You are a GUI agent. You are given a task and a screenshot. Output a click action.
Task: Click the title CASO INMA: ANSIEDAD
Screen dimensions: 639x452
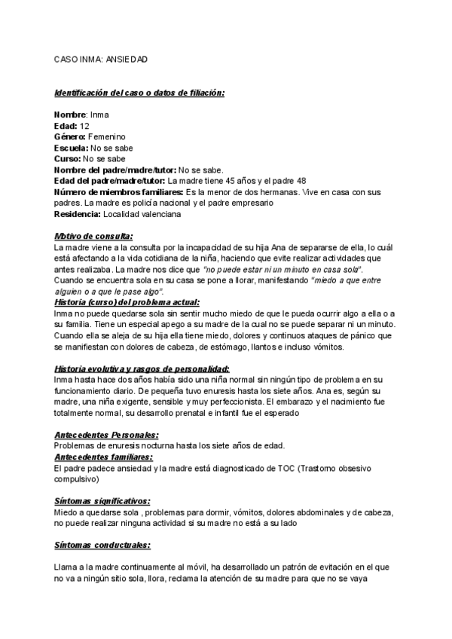[102, 59]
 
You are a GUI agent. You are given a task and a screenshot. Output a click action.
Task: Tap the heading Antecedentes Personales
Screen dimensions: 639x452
[106, 435]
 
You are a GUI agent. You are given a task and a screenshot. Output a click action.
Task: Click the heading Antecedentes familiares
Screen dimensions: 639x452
[104, 457]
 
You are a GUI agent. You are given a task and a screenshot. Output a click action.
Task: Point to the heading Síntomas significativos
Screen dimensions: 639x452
[102, 500]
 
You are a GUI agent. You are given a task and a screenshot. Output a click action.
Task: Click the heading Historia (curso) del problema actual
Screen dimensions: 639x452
[127, 301]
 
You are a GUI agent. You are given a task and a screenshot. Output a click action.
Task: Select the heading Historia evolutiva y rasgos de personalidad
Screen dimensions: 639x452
[142, 368]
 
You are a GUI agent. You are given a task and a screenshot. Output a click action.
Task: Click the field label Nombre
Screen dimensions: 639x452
[71, 115]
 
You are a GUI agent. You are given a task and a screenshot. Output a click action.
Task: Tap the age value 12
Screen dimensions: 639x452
[84, 126]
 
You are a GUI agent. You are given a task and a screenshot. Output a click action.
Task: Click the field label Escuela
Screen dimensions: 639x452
[73, 148]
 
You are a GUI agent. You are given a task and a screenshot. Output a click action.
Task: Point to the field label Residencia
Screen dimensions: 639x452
[78, 214]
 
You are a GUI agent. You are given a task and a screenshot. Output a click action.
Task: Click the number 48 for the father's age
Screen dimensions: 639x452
[301, 181]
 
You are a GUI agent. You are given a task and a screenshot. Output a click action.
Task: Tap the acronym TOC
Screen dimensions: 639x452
[279, 468]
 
